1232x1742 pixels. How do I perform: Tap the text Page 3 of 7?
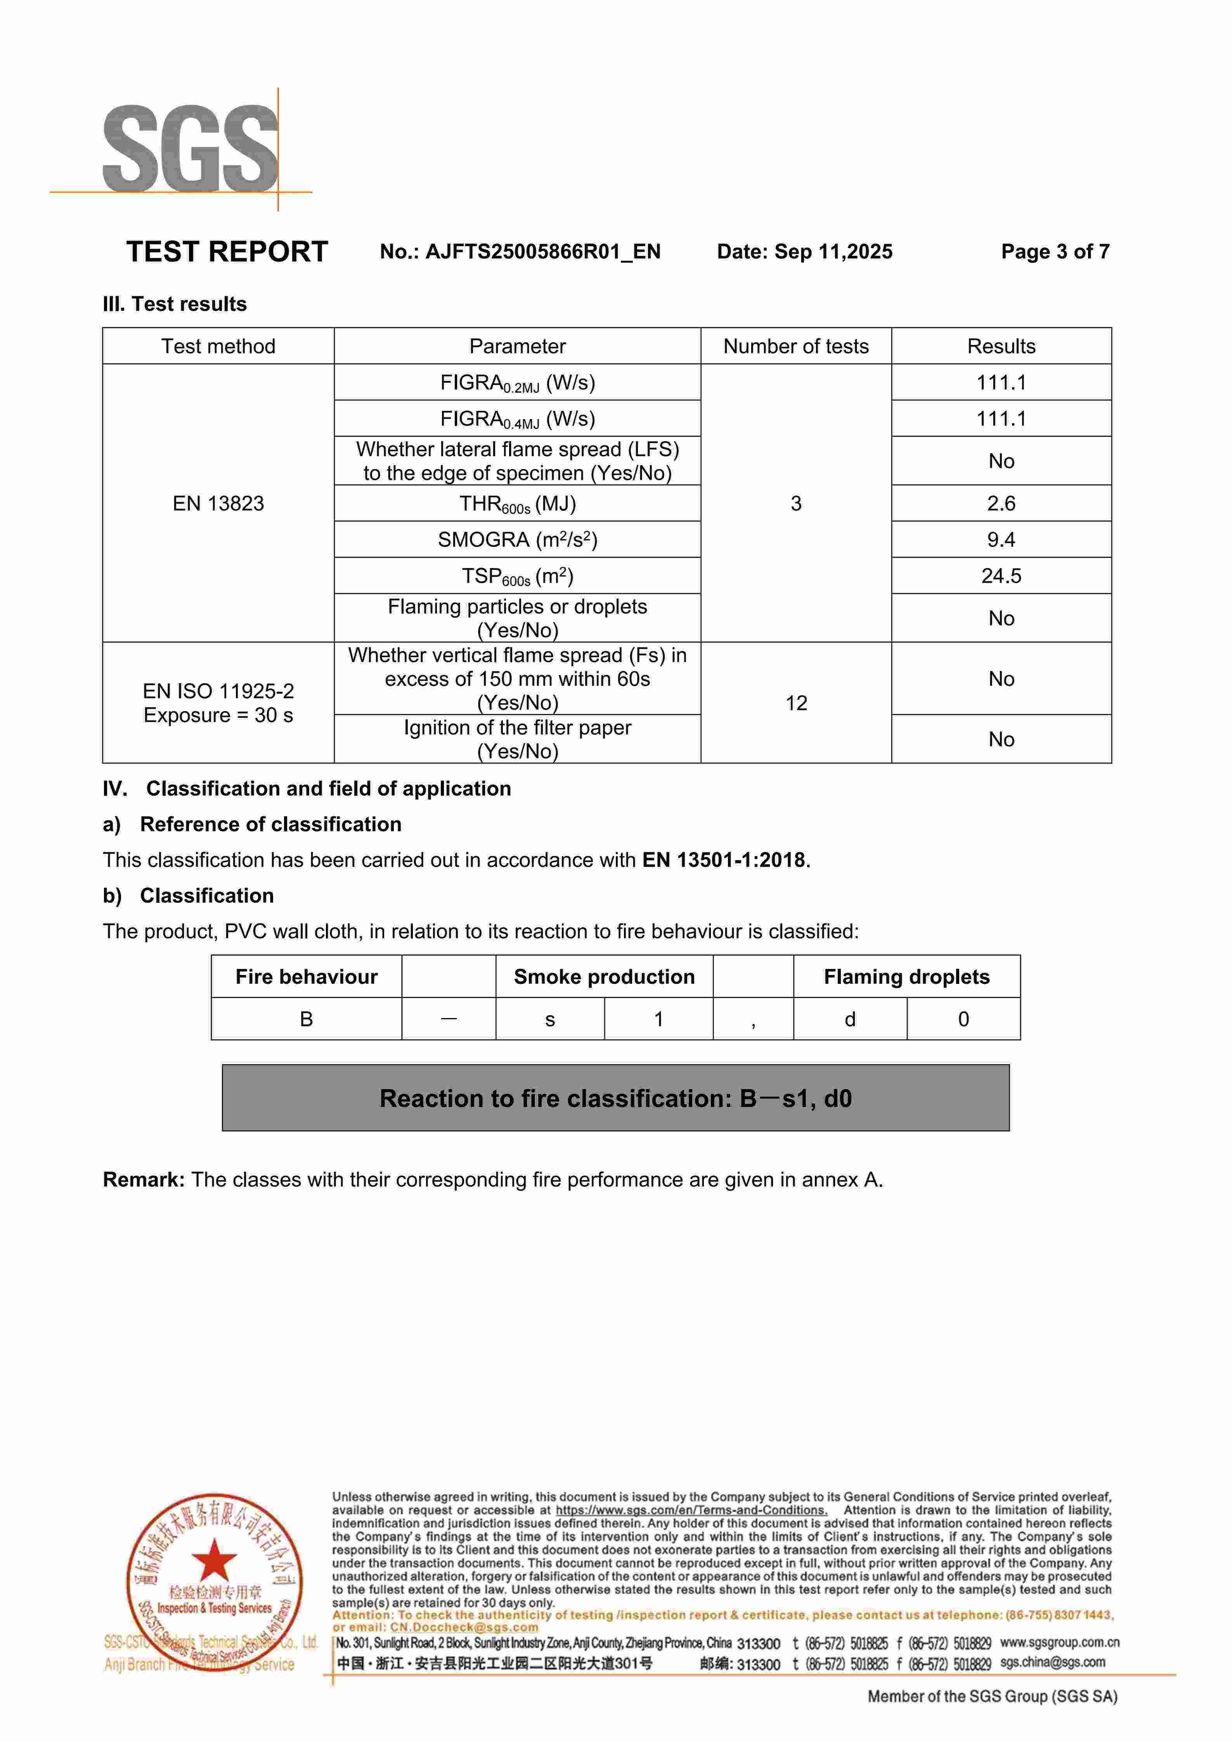point(1055,252)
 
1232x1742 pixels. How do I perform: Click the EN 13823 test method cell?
point(218,504)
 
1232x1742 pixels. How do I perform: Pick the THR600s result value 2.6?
point(1001,504)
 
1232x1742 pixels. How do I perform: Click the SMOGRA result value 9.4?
point(1001,540)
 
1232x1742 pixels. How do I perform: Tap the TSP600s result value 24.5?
point(1001,577)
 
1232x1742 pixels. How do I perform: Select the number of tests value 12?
point(796,703)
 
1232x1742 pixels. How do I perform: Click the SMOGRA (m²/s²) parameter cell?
point(517,540)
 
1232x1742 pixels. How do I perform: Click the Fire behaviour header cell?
point(307,977)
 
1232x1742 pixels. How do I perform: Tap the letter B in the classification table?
point(307,1020)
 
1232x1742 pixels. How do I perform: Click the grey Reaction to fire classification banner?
point(615,1099)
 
